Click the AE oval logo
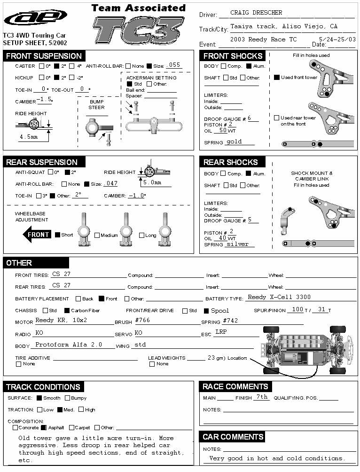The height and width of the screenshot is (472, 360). pyautogui.click(x=36, y=17)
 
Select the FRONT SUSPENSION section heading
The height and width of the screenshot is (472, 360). pyautogui.click(x=44, y=56)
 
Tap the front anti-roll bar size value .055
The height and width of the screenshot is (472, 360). pyautogui.click(x=174, y=65)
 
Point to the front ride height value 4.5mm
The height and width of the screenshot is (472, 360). pyautogui.click(x=28, y=137)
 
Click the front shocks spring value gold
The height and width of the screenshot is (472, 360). pyautogui.click(x=234, y=142)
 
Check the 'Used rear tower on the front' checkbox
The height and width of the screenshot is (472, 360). pyautogui.click(x=277, y=118)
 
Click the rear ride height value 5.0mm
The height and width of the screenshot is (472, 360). pyautogui.click(x=152, y=182)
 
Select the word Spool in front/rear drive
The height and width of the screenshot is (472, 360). pyautogui.click(x=220, y=311)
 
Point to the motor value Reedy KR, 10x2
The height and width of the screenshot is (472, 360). pyautogui.click(x=68, y=320)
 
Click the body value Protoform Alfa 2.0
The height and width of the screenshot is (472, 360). pyautogui.click(x=69, y=345)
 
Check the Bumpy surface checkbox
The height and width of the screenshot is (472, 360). pyautogui.click(x=67, y=398)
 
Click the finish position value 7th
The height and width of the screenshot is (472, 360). pyautogui.click(x=261, y=397)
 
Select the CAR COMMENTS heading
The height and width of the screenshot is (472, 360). pyautogui.click(x=233, y=437)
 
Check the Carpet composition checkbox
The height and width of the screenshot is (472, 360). pyautogui.click(x=72, y=428)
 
